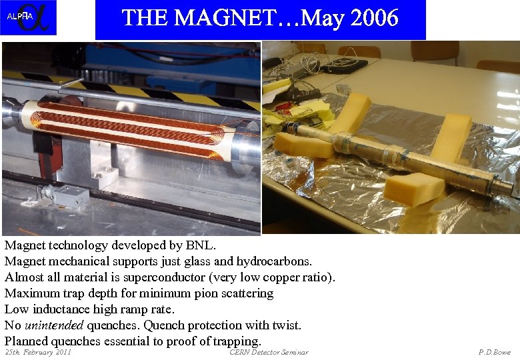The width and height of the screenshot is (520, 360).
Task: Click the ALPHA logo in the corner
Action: tap(28, 17)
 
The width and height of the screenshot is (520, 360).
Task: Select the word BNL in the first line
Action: tap(201, 245)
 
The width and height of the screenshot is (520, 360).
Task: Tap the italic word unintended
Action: tap(53, 325)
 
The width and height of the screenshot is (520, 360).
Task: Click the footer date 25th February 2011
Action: tap(38, 352)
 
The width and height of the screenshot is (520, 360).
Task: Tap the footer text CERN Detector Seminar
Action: tap(269, 352)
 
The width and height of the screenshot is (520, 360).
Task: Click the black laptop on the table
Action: tap(343, 65)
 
